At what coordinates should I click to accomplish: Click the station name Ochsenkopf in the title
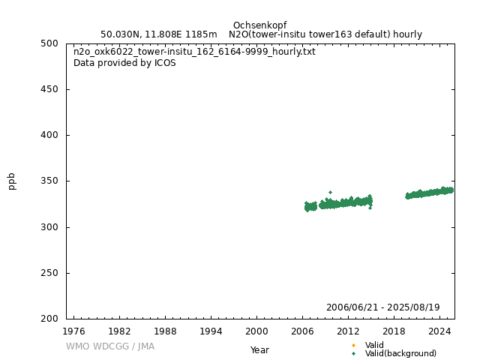pyautogui.click(x=259, y=25)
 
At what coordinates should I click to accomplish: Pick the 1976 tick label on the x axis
pyautogui.click(x=73, y=330)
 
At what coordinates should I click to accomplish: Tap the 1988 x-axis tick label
pyautogui.click(x=165, y=330)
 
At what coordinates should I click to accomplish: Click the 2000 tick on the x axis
pyautogui.click(x=256, y=330)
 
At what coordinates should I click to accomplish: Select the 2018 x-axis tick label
pyautogui.click(x=394, y=330)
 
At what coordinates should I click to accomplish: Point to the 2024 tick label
pyautogui.click(x=439, y=330)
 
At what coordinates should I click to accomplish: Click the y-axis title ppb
pyautogui.click(x=12, y=181)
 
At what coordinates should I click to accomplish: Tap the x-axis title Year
pyautogui.click(x=259, y=350)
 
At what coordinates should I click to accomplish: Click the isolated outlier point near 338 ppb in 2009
pyautogui.click(x=330, y=193)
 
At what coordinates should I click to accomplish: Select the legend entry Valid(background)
pyautogui.click(x=400, y=354)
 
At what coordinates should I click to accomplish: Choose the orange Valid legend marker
pyautogui.click(x=353, y=345)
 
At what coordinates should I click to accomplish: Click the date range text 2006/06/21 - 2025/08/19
pyautogui.click(x=382, y=307)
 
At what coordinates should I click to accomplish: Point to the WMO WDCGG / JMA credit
pyautogui.click(x=109, y=346)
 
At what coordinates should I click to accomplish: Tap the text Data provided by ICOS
pyautogui.click(x=124, y=63)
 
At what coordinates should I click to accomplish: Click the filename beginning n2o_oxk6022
pyautogui.click(x=194, y=52)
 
